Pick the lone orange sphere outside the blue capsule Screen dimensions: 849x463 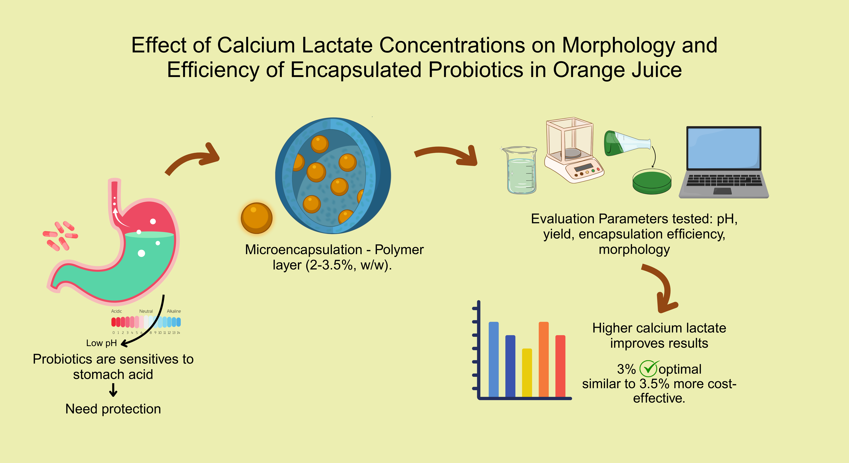point(256,218)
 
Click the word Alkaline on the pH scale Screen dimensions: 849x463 point(174,311)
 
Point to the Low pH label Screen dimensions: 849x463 point(101,343)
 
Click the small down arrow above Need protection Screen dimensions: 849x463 point(113,390)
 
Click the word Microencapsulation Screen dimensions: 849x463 point(304,249)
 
